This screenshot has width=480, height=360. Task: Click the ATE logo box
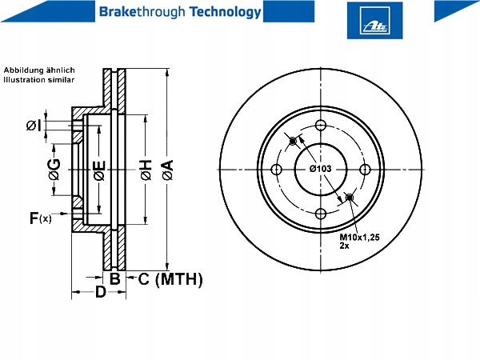(374, 20)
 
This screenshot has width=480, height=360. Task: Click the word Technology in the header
(226, 12)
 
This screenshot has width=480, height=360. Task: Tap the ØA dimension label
(168, 170)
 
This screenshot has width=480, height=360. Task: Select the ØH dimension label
(146, 170)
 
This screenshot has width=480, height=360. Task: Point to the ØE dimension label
(100, 170)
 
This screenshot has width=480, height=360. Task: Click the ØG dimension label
(54, 170)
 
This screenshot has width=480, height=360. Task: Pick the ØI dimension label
(34, 126)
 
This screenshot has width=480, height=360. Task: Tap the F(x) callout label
(41, 218)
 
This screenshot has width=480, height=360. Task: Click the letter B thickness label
(114, 279)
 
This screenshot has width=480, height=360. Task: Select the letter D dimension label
(101, 292)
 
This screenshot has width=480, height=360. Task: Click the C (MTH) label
(170, 279)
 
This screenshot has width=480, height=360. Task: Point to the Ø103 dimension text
(320, 169)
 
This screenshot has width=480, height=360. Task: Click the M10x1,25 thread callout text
(359, 238)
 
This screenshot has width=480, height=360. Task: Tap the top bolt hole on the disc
(321, 126)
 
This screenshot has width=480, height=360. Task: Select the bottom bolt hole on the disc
(321, 214)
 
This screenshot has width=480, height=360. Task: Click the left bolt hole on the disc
(277, 170)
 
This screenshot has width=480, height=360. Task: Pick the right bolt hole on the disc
(365, 170)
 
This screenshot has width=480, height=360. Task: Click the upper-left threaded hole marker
(293, 141)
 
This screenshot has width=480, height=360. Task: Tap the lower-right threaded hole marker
(350, 198)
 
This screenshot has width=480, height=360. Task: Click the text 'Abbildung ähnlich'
(39, 70)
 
